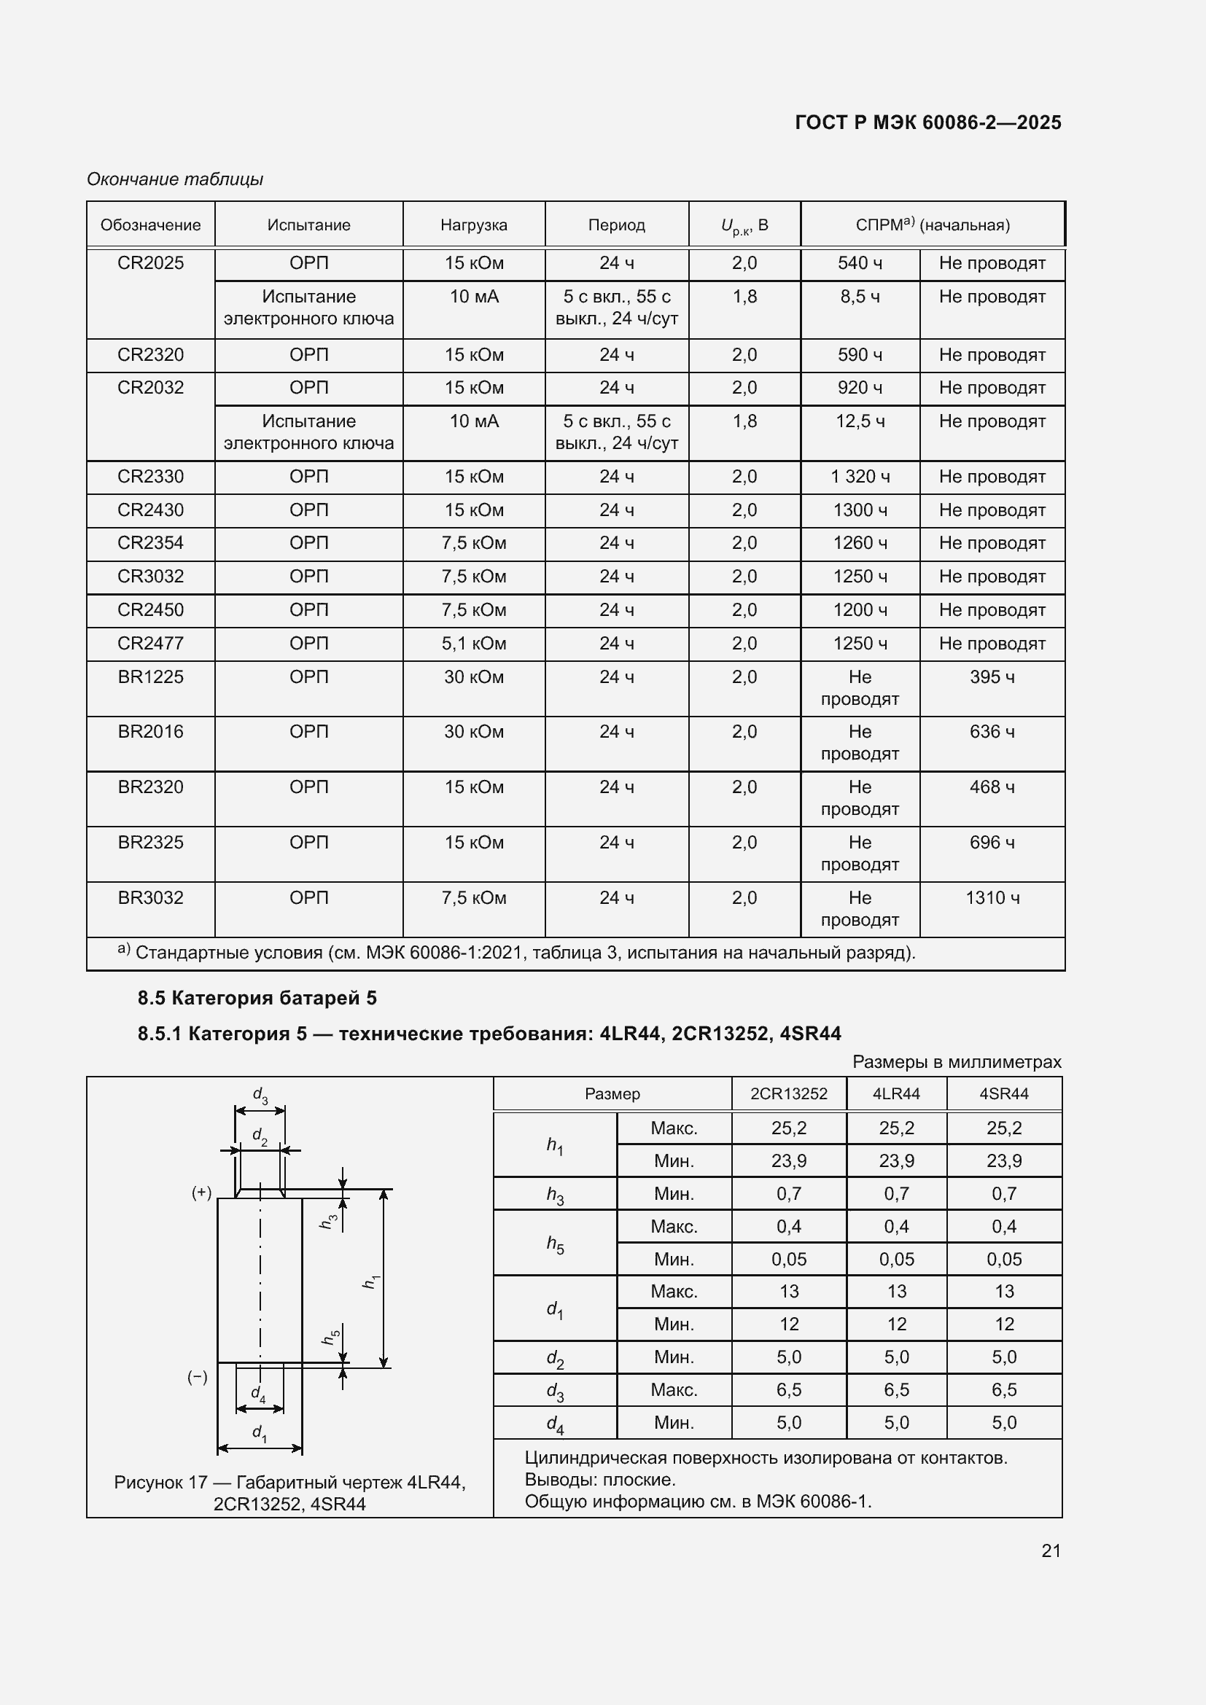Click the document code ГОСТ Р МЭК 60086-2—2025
click(927, 122)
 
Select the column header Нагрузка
click(474, 225)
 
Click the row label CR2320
click(150, 355)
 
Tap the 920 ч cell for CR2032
click(860, 388)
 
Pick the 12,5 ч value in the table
click(860, 421)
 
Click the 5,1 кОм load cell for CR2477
click(474, 643)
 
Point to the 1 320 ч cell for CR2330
click(860, 477)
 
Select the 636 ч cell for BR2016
click(992, 731)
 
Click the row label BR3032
click(150, 898)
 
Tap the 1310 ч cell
click(992, 898)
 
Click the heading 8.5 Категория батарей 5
click(257, 998)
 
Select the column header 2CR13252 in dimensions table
click(789, 1094)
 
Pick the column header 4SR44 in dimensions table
click(1003, 1094)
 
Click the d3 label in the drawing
click(260, 1096)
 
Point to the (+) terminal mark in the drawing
click(202, 1193)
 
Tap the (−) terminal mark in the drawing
click(198, 1378)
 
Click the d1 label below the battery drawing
click(259, 1432)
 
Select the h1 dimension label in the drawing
click(370, 1281)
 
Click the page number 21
click(1051, 1550)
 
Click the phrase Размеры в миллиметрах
click(957, 1062)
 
